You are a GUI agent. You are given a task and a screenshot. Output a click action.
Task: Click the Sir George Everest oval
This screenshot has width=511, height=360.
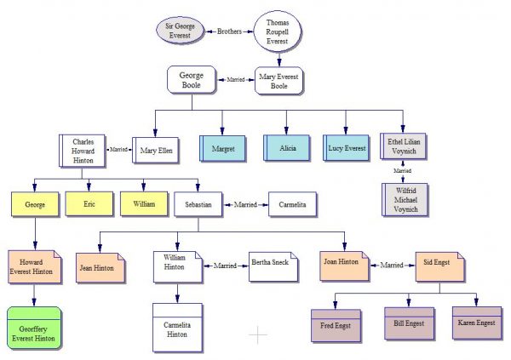tap(180, 31)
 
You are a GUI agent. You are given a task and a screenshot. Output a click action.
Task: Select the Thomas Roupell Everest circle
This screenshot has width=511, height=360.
tap(278, 31)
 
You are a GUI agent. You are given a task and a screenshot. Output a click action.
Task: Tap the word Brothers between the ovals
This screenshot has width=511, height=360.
tap(229, 31)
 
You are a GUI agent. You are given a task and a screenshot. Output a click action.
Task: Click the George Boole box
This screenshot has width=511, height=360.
tap(192, 80)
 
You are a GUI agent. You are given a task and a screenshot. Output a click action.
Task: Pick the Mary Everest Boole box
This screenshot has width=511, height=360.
tap(278, 81)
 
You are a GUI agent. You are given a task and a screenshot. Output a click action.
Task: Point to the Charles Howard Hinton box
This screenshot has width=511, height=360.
tap(82, 151)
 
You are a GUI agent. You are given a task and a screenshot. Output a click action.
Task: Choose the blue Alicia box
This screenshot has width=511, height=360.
tap(286, 148)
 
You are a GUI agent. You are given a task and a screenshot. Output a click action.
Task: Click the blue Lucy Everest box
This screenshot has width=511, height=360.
tap(346, 148)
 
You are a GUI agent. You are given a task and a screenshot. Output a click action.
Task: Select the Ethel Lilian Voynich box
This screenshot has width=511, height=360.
tap(403, 146)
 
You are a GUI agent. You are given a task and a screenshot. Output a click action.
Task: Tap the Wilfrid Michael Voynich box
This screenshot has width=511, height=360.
tap(405, 200)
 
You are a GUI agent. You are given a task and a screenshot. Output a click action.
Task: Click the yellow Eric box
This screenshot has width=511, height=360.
tap(89, 204)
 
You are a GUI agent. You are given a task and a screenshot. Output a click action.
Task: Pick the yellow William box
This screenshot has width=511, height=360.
tap(144, 204)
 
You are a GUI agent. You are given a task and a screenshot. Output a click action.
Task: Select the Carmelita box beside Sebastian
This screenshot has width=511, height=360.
tap(292, 204)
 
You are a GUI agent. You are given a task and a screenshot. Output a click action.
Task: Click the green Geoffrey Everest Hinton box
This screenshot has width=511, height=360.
tap(34, 328)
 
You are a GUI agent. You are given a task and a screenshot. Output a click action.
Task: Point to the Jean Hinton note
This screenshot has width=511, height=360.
tap(100, 268)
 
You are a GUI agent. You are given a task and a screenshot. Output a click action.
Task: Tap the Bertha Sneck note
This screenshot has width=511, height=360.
tap(273, 266)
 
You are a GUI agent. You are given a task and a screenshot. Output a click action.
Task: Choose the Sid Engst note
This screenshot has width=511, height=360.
tap(440, 266)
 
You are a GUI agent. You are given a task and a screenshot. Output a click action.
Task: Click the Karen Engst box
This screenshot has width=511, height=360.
tap(477, 323)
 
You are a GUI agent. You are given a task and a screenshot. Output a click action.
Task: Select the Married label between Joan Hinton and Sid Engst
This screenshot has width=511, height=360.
tap(392, 266)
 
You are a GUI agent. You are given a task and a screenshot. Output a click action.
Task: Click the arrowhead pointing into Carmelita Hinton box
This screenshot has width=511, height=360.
tap(177, 299)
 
